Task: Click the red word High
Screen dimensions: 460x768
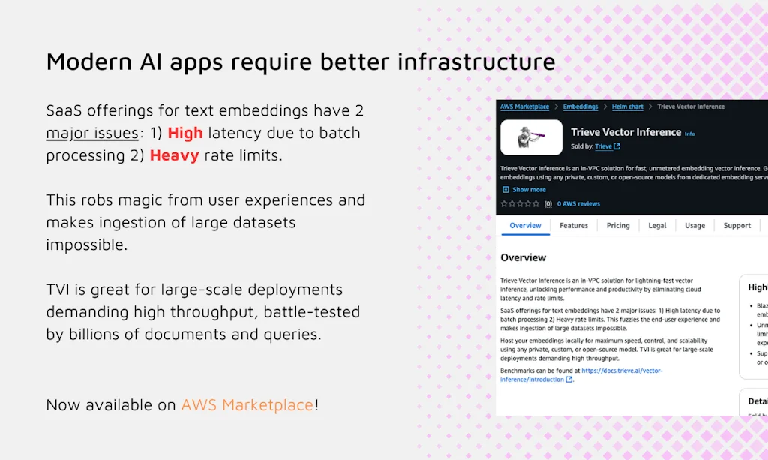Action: pos(185,133)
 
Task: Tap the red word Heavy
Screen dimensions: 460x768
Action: pos(174,155)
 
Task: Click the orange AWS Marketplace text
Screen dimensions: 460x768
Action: pos(247,405)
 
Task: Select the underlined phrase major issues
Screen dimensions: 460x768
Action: pos(92,133)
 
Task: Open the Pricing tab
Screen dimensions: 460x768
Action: pos(618,225)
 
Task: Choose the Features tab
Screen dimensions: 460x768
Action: pos(574,225)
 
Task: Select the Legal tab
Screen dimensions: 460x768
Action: pos(657,225)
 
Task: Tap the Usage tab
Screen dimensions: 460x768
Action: pos(694,225)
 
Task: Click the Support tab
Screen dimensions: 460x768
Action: pos(736,225)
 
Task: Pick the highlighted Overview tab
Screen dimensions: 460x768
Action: pos(525,225)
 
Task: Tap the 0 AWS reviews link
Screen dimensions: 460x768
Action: pos(578,203)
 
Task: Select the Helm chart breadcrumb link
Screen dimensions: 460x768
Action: pos(629,107)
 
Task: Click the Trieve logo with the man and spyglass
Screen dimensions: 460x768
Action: pos(531,137)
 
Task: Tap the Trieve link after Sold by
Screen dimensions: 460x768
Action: pos(603,146)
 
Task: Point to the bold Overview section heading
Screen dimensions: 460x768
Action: pos(523,257)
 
